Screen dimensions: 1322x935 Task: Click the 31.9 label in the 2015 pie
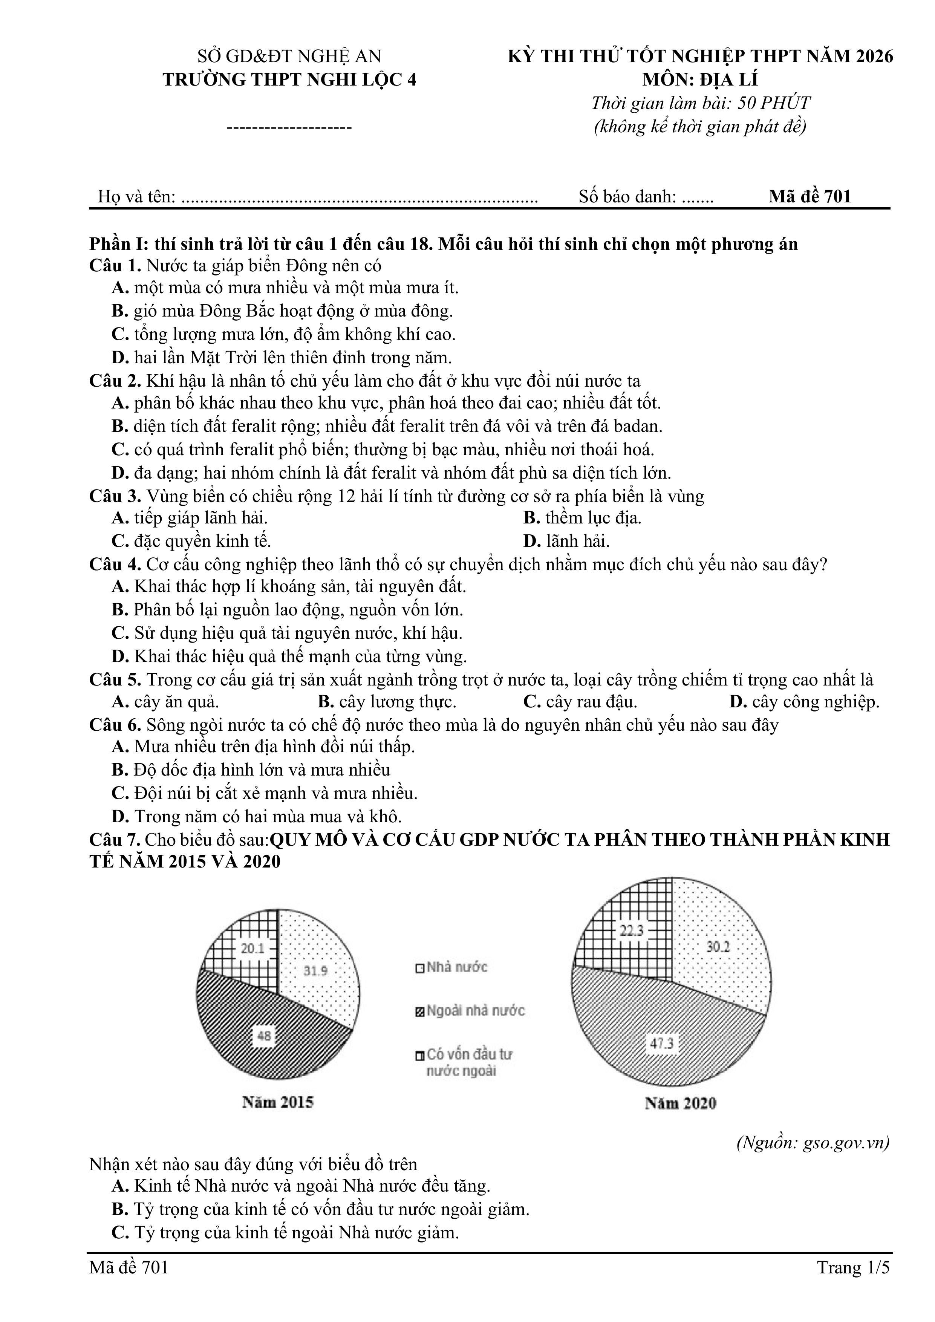[315, 971]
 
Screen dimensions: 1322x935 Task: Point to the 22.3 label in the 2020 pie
[632, 930]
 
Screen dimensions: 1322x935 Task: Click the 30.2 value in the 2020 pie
[718, 947]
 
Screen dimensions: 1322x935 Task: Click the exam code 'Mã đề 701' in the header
[809, 196]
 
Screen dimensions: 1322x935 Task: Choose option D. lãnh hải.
[566, 541]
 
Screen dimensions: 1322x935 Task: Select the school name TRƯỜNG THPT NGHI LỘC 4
[289, 80]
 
